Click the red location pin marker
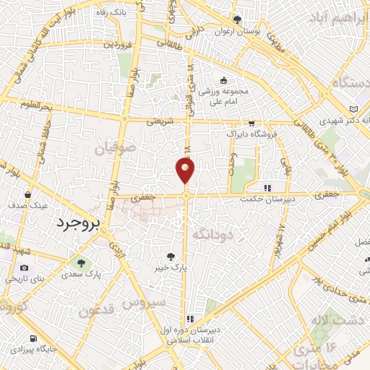(185, 170)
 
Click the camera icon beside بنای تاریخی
(22, 278)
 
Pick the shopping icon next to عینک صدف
(27, 194)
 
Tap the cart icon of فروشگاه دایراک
(251, 124)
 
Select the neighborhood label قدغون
(97, 312)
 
